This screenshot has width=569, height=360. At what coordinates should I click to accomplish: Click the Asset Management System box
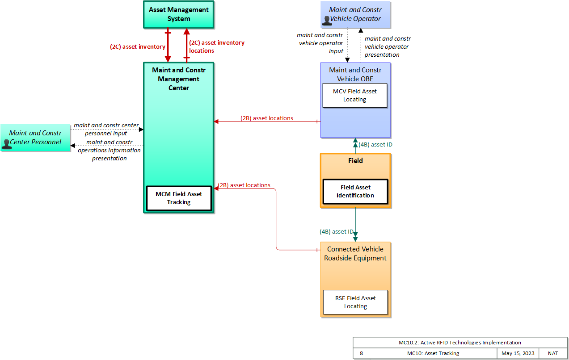tap(179, 14)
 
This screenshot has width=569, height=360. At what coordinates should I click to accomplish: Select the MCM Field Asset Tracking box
tap(179, 198)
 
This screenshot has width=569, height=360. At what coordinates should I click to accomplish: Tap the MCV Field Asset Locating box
tap(355, 96)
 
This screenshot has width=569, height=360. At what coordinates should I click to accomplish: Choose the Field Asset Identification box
tap(355, 192)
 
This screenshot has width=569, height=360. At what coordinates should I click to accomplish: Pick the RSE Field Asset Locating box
tap(355, 302)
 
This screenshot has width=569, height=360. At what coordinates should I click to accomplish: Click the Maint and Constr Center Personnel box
tap(35, 138)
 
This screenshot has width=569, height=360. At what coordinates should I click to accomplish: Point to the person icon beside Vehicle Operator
tap(327, 21)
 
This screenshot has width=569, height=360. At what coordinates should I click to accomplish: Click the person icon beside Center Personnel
tap(6, 144)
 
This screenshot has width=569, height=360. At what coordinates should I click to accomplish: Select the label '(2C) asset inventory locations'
tap(217, 47)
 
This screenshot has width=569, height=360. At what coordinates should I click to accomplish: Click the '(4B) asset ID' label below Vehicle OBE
tap(375, 145)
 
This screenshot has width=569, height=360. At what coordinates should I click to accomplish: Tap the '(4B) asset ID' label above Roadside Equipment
tap(336, 231)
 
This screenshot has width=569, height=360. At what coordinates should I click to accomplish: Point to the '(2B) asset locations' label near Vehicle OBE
tap(267, 118)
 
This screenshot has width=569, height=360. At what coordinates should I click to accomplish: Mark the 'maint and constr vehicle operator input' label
tap(320, 43)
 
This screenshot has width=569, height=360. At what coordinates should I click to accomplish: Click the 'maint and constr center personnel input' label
tap(106, 129)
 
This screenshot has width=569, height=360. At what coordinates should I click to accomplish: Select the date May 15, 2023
tap(518, 353)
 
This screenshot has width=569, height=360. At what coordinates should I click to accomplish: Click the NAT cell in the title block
tap(553, 353)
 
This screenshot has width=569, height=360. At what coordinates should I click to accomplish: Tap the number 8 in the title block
tap(361, 353)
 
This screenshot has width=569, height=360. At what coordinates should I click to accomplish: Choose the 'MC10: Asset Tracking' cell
tap(433, 353)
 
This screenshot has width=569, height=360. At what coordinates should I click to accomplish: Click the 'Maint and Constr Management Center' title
tap(179, 79)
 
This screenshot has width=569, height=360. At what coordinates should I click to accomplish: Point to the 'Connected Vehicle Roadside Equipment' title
tap(355, 254)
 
